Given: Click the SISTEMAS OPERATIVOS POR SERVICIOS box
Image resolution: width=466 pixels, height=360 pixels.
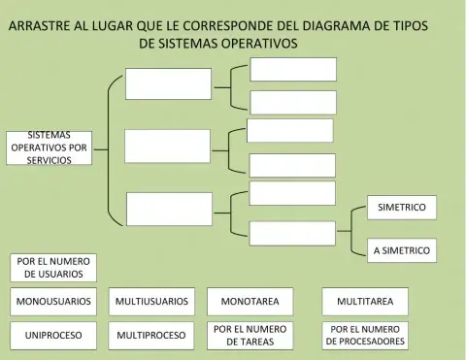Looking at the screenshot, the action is click(49, 147).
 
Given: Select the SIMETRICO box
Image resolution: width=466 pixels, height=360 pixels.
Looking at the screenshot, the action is click(401, 207).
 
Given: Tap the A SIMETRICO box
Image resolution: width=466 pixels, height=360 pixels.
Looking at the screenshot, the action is click(401, 250).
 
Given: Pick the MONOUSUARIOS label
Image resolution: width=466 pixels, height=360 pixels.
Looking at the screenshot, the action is click(53, 302).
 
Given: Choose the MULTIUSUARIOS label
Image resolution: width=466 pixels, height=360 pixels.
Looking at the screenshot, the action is click(151, 302).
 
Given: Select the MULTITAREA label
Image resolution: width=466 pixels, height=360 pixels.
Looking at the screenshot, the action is click(365, 302).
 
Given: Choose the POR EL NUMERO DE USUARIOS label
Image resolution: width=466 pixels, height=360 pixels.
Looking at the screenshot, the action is click(53, 267).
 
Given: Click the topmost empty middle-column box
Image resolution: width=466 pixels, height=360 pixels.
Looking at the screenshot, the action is click(168, 83).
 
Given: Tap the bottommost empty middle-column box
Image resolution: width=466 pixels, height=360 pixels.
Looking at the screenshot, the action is click(168, 209).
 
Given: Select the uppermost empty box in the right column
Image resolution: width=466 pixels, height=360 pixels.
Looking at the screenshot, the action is click(293, 69).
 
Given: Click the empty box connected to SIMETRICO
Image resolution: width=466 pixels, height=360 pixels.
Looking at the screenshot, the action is click(292, 233).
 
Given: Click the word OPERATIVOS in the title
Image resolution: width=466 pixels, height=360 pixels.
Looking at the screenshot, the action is click(252, 44).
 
